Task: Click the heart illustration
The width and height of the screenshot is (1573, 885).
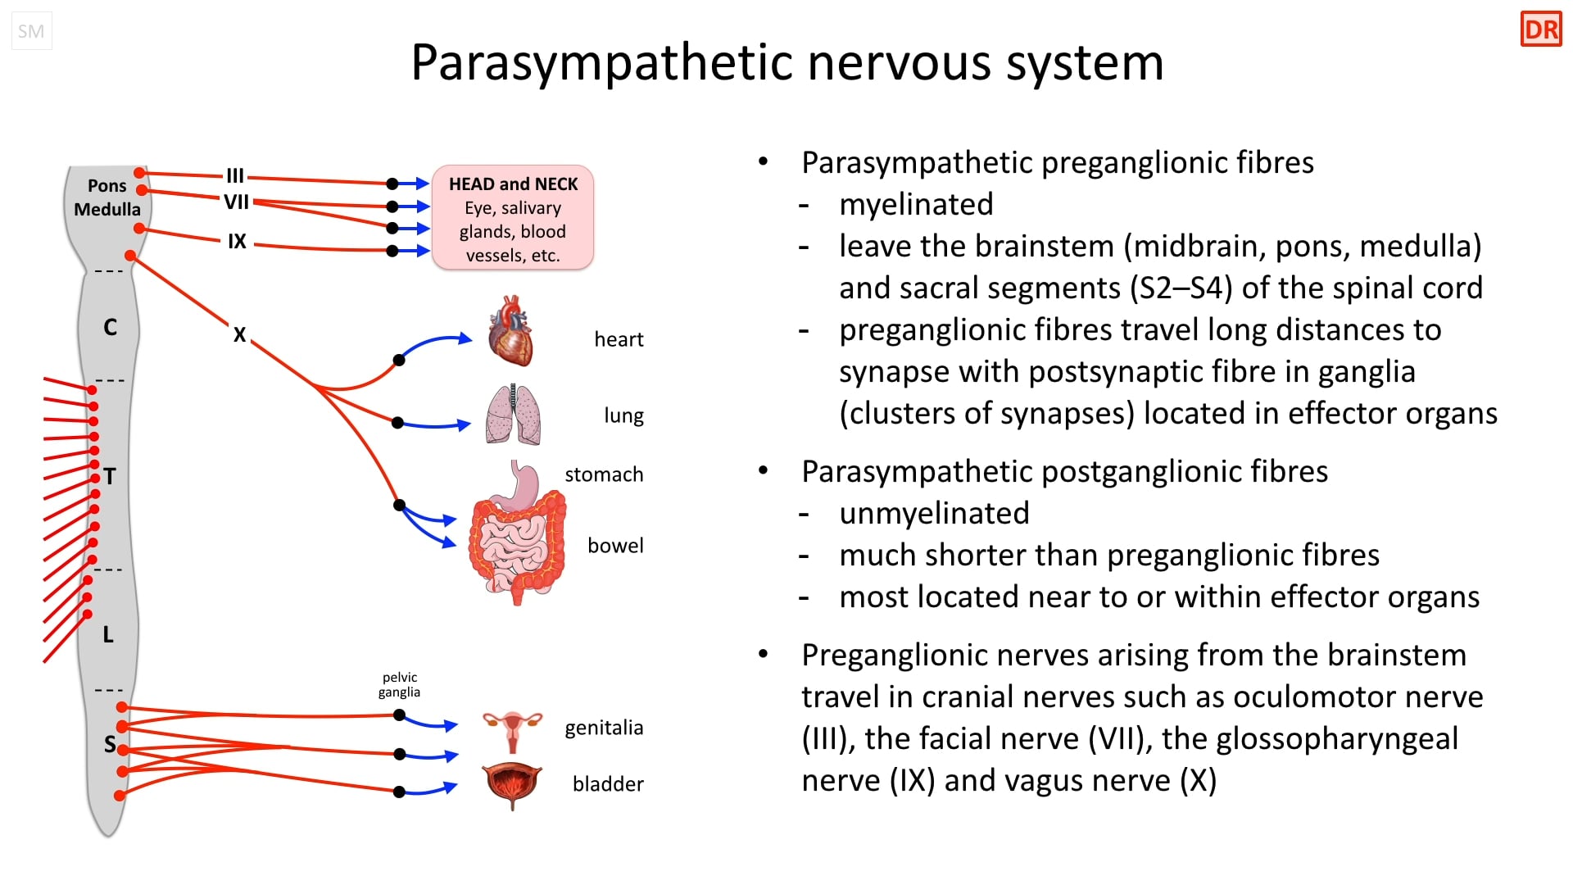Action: tap(511, 332)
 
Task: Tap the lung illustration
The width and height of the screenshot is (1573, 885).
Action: tap(514, 415)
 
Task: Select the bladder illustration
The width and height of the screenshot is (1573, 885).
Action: tap(512, 784)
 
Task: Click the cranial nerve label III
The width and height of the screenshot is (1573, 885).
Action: tap(235, 175)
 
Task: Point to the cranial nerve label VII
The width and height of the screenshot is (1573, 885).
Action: tap(236, 202)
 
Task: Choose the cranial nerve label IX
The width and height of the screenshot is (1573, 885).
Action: tap(237, 242)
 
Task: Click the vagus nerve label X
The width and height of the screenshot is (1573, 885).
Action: tap(239, 335)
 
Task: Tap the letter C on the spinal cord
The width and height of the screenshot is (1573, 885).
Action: tap(111, 328)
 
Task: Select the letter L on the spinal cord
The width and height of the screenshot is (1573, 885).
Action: tap(108, 634)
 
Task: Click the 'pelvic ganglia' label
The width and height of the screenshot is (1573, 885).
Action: tap(400, 685)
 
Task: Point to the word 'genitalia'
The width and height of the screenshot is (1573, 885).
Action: tap(604, 728)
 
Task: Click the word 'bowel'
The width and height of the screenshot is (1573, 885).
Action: tap(615, 546)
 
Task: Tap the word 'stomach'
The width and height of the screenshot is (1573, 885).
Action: tap(604, 474)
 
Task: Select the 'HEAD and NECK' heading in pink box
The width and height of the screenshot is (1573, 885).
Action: tap(514, 184)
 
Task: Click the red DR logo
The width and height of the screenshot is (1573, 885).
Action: tap(1541, 29)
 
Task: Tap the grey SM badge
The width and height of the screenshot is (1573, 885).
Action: tap(31, 31)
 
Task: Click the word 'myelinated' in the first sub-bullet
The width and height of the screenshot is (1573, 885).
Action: tap(916, 204)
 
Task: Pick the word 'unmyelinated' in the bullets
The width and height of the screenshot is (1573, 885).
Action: tap(934, 513)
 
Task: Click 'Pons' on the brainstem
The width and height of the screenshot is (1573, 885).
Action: tap(107, 186)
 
